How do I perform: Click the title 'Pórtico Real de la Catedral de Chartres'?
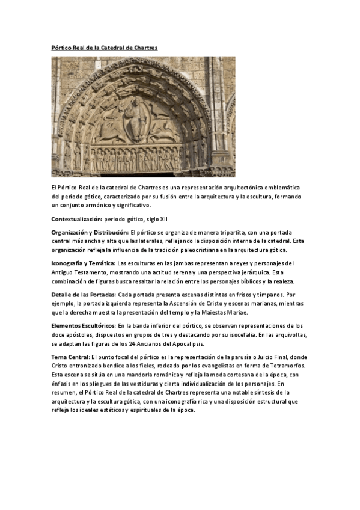coord(104,47)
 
